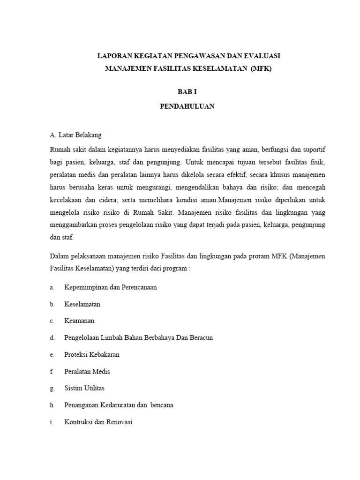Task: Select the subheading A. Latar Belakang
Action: pos(75,135)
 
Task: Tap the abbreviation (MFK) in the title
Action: pos(261,68)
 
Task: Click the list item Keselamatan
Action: pos(82,304)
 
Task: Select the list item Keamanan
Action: pos(79,321)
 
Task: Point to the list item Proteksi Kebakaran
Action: pos(92,354)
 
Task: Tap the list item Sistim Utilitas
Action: pos(84,388)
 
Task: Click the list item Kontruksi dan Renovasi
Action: pos(98,422)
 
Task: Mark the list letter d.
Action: pos(52,337)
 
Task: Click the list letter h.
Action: pos(52,405)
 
